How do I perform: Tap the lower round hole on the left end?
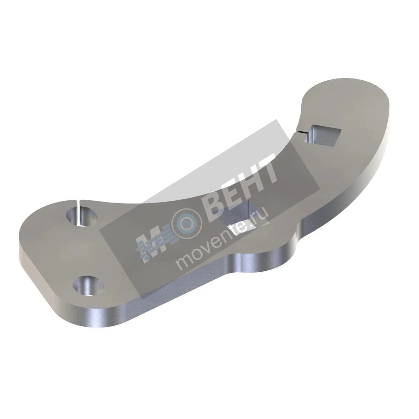[x=88, y=285]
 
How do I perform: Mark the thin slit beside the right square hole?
[x=304, y=132]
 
